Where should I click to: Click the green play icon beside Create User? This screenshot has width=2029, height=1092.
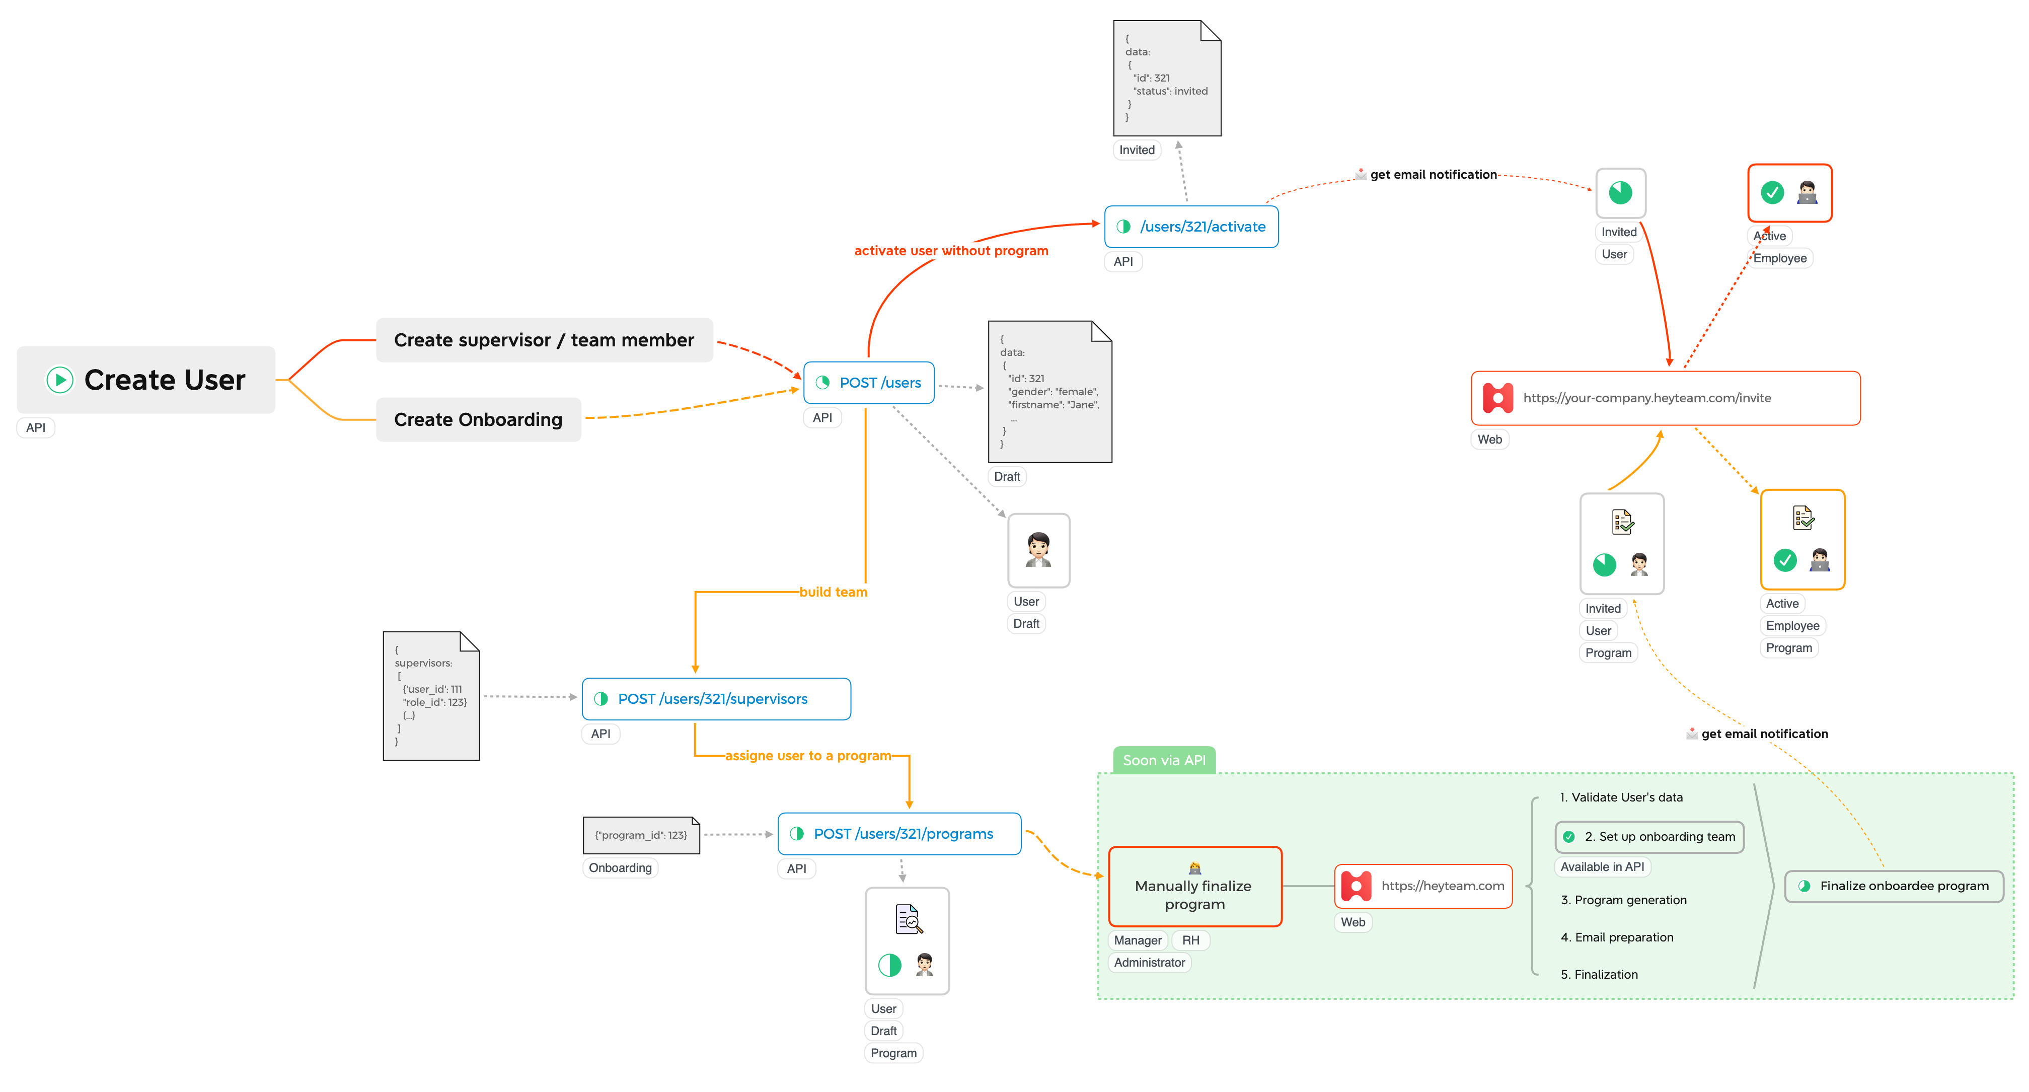coord(60,380)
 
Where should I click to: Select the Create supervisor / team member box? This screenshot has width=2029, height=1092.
coord(544,340)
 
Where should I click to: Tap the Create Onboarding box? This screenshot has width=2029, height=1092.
coord(478,420)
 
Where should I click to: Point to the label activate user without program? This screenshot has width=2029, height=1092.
coord(951,251)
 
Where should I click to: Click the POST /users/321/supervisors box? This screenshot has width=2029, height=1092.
coord(715,699)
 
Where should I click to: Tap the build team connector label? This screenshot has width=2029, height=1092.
coord(833,592)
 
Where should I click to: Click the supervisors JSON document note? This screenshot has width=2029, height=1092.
coord(431,696)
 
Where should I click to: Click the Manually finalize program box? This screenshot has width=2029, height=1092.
coord(1194,887)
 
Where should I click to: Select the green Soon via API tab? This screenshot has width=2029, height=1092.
coord(1163,760)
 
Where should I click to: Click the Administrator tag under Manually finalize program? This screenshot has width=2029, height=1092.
coord(1149,963)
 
